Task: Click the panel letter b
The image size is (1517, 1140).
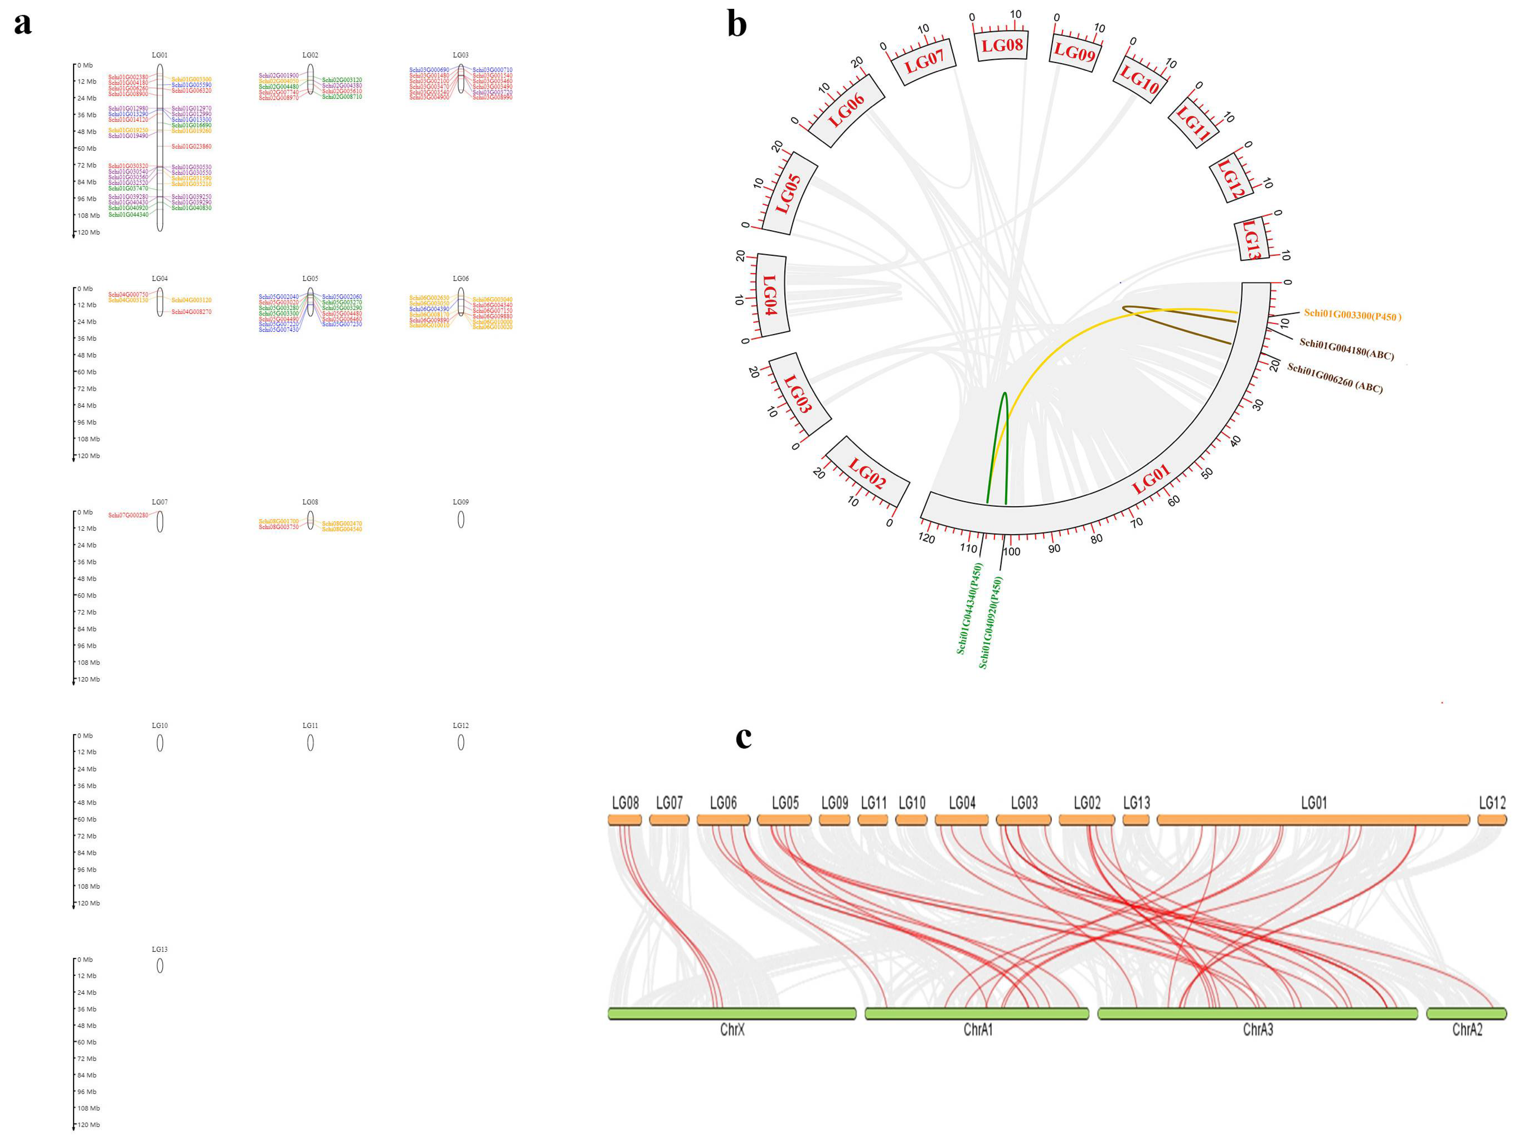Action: click(x=736, y=25)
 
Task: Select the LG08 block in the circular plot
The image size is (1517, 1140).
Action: click(x=1002, y=45)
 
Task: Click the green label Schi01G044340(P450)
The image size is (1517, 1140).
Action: click(x=970, y=608)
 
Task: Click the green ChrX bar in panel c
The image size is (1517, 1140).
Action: click(x=732, y=1013)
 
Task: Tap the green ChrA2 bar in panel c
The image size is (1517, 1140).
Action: click(x=1466, y=1013)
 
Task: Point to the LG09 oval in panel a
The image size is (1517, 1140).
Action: click(x=461, y=520)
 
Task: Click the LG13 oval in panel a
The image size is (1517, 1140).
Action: click(x=160, y=965)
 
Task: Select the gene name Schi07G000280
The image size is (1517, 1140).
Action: click(x=128, y=515)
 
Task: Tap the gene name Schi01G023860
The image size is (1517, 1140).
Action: click(x=191, y=147)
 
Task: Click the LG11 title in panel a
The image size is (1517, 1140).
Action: click(x=310, y=725)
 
